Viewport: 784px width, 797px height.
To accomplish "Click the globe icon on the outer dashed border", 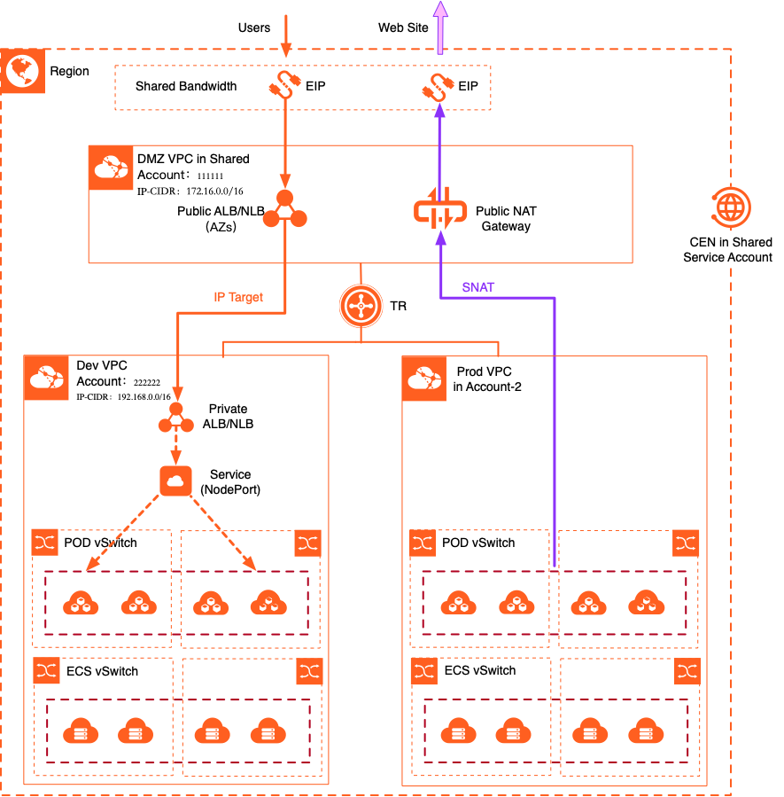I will coord(22,72).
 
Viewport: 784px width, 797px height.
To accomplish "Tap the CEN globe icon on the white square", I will coord(730,207).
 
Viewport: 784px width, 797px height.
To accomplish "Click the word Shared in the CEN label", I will coord(751,242).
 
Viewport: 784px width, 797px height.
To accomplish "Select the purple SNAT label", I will coord(478,287).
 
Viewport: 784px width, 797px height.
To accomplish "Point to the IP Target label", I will coord(238,298).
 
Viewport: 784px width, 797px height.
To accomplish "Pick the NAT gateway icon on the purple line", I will coord(440,210).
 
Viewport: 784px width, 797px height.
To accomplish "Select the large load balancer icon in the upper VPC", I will coord(284,211).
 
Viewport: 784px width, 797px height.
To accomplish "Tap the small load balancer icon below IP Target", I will coord(176,418).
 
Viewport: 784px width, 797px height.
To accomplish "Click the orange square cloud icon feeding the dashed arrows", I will coord(176,480).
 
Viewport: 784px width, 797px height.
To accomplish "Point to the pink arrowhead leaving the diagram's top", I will coord(440,11).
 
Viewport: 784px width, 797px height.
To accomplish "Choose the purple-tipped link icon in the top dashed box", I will coord(438,86).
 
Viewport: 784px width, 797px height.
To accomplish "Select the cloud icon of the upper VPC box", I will coord(112,168).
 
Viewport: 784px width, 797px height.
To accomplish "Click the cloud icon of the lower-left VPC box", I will coord(46,378).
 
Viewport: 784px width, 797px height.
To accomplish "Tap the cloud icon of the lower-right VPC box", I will coord(424,379).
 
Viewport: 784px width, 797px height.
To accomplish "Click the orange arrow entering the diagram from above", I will coord(285,35).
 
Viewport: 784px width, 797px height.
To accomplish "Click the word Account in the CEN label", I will coord(749,257).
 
